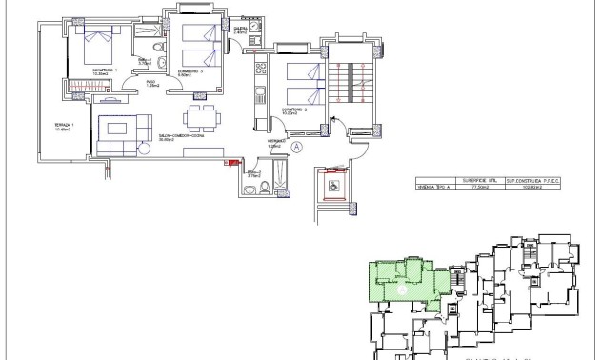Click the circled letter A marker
[296, 148]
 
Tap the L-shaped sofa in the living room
[120, 132]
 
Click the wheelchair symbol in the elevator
[335, 185]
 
